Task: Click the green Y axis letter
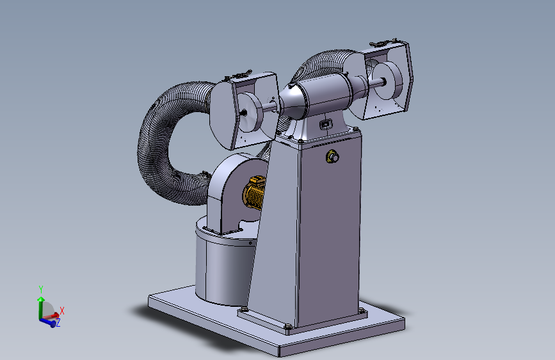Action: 41,289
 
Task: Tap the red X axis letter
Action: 62,311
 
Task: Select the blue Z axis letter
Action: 58,322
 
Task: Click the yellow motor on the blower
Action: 254,193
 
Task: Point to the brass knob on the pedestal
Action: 332,156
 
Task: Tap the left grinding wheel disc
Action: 250,112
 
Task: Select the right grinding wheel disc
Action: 389,81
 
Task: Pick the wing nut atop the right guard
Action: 383,42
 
